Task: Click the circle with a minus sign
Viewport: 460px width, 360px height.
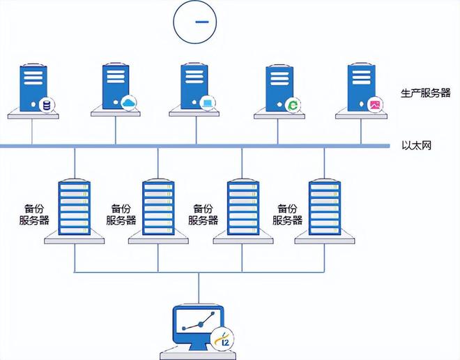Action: [201, 22]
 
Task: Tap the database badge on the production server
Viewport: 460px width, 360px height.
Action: [47, 105]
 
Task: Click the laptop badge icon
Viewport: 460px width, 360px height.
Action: [207, 104]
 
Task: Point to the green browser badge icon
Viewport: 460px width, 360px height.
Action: [293, 105]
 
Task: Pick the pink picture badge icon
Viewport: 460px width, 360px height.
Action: [375, 105]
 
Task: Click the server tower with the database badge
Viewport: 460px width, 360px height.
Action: [31, 88]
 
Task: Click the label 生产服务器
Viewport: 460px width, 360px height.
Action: [425, 93]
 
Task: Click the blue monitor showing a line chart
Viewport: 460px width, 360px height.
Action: [195, 324]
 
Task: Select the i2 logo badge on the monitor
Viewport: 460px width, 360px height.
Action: [223, 338]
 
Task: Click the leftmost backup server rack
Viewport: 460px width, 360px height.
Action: [75, 207]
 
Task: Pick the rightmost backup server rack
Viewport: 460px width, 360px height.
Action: [325, 207]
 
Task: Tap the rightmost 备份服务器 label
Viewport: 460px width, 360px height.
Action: [287, 214]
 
